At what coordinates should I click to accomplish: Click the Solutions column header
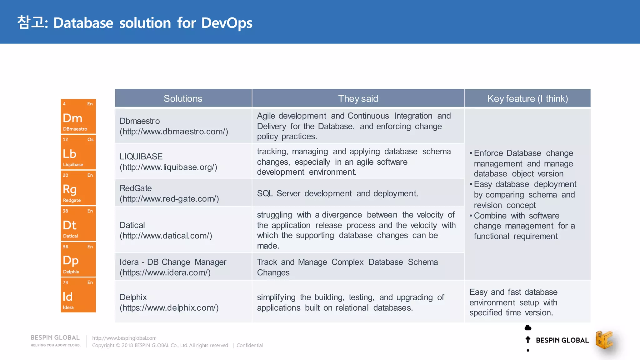(x=183, y=98)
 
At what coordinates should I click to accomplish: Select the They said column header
(x=358, y=98)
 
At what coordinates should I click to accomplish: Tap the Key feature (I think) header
(x=527, y=98)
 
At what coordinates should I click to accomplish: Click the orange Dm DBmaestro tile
(x=78, y=116)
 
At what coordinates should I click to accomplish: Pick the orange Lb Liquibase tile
(x=78, y=152)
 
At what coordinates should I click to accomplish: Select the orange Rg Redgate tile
(x=78, y=188)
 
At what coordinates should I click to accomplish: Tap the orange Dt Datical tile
(x=78, y=223)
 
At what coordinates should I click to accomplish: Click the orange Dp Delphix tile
(x=78, y=259)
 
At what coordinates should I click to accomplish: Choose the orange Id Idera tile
(x=78, y=295)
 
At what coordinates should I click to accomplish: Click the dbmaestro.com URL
(x=174, y=132)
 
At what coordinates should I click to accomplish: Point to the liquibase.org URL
(x=168, y=167)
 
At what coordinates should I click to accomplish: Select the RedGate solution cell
(x=183, y=193)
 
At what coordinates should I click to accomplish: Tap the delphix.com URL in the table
(x=169, y=308)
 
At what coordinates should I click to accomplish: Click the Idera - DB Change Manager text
(x=173, y=262)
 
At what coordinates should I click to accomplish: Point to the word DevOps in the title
(x=227, y=23)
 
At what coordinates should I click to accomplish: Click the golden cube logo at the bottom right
(x=604, y=340)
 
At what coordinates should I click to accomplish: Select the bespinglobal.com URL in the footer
(x=124, y=338)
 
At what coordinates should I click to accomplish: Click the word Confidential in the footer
(x=249, y=345)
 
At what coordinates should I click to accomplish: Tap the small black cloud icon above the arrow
(x=528, y=327)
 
